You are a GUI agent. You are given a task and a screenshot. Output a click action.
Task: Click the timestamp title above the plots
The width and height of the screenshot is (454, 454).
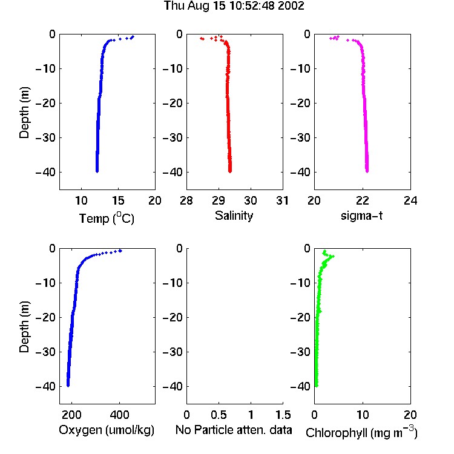click(234, 6)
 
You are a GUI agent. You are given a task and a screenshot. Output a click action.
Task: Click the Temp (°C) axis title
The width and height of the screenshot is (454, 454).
click(107, 218)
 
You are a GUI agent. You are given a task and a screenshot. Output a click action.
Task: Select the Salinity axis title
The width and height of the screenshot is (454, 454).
click(234, 215)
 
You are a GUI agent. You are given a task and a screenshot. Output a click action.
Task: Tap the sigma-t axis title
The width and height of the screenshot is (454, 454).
click(361, 215)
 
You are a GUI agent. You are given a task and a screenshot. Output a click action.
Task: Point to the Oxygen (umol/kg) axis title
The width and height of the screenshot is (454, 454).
click(107, 430)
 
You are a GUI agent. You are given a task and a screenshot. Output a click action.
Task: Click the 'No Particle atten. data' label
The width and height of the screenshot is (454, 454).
click(234, 430)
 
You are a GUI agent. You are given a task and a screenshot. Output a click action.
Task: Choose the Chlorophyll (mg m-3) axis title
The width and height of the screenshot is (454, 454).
click(361, 432)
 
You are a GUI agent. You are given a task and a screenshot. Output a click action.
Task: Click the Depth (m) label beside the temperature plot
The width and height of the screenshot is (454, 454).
click(24, 113)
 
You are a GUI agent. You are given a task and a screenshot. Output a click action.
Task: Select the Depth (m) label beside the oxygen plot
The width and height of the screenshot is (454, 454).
click(24, 327)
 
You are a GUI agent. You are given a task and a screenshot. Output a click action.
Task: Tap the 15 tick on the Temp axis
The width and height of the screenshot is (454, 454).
click(118, 200)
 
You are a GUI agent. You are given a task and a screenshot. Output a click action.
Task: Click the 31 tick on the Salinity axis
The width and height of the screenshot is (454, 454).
click(282, 200)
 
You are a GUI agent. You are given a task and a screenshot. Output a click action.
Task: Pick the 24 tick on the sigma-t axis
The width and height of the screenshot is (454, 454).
click(410, 200)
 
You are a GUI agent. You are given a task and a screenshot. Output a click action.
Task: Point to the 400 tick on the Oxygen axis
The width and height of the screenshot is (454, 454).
click(119, 415)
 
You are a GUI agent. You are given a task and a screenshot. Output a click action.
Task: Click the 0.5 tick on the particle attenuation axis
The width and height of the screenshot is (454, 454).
click(219, 415)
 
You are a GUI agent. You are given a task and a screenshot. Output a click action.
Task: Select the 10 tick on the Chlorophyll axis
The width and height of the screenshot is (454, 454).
click(363, 415)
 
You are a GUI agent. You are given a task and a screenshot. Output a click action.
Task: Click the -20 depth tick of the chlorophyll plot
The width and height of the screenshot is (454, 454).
click(300, 317)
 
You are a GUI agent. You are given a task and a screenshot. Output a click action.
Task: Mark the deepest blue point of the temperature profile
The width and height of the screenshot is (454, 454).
click(97, 171)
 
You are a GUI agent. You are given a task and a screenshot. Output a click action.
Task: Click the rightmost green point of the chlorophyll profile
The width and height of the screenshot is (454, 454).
click(334, 256)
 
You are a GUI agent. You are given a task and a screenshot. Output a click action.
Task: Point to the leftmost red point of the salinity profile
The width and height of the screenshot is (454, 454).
click(201, 38)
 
